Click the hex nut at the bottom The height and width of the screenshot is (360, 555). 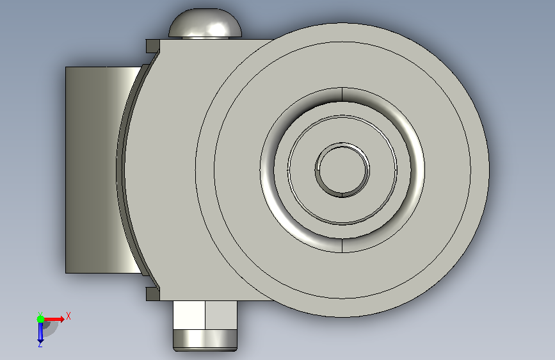[205, 315]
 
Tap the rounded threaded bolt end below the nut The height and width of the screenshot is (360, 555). [205, 340]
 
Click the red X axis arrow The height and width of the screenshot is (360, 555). [54, 319]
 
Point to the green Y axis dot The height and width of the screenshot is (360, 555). [40, 319]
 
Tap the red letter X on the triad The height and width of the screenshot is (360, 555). [68, 316]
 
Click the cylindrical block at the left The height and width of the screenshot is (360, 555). [99, 170]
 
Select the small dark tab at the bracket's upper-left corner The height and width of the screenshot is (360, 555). [152, 46]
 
